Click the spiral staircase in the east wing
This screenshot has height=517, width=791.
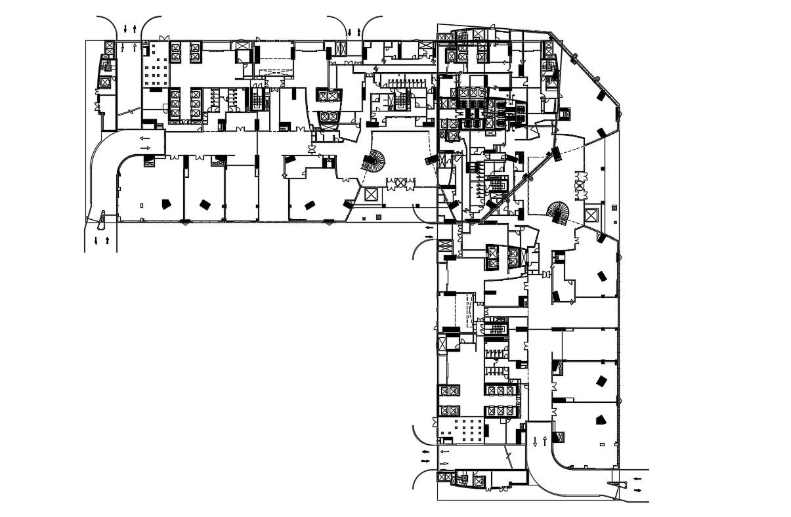tap(559, 213)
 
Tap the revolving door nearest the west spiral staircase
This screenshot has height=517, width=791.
tap(401, 184)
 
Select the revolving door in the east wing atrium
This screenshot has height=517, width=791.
tap(579, 185)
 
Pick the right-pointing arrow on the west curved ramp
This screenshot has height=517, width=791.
tap(145, 148)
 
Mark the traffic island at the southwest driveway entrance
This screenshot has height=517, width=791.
tap(102, 217)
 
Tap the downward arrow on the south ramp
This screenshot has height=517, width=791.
tap(535, 442)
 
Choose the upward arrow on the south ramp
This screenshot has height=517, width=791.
tap(545, 440)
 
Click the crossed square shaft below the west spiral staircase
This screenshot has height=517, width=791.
tap(370, 195)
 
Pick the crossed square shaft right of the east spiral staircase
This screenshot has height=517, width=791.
tap(591, 215)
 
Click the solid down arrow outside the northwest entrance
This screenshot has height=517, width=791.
tap(125, 29)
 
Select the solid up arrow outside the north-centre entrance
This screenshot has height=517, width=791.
tap(358, 31)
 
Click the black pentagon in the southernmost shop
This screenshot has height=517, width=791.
tap(599, 421)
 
